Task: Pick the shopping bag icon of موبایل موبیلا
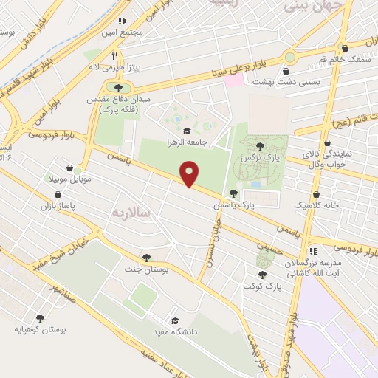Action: coord(69,168)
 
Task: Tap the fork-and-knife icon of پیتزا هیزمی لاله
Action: coord(114,55)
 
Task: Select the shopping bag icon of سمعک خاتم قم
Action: coord(365,47)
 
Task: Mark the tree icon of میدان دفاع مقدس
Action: coord(118,87)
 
